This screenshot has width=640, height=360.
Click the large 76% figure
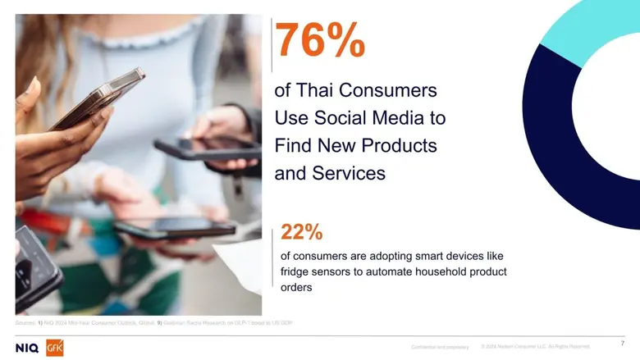tap(319, 40)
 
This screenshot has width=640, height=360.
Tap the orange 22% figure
tap(301, 232)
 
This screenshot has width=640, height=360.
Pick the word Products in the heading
tap(397, 146)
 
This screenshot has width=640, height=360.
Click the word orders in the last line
tap(297, 287)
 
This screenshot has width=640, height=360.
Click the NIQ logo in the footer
tap(27, 348)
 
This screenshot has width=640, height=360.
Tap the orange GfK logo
tap(55, 348)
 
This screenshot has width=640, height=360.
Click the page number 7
tap(623, 342)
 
